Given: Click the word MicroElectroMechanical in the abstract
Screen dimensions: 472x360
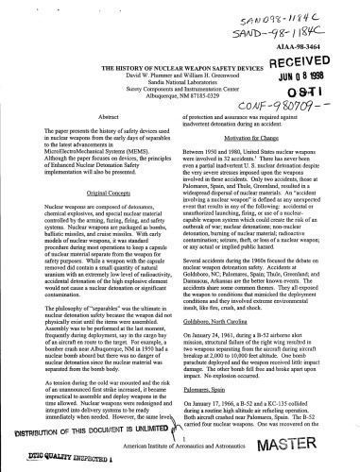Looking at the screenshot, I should coord(69,148).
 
